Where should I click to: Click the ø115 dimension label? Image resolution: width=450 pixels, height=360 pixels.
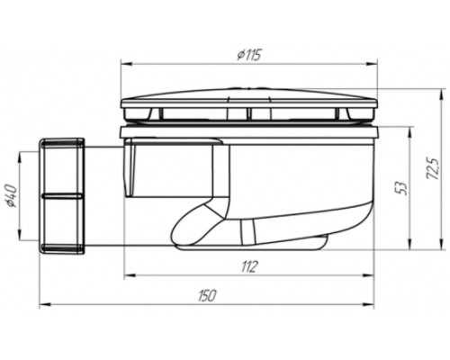click(249, 55)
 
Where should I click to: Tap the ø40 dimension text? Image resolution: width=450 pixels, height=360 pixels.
click(12, 196)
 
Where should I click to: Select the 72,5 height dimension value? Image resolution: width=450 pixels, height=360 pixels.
click(433, 168)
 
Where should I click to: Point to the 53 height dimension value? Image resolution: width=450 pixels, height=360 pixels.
click(404, 188)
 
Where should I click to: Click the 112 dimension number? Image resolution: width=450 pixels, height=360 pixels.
click(249, 266)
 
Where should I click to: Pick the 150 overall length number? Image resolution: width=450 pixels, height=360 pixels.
click(207, 296)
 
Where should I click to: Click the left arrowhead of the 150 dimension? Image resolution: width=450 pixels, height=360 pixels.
click(44, 305)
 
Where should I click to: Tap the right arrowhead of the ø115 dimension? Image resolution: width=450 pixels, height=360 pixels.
click(373, 64)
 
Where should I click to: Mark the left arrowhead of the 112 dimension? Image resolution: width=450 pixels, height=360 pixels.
click(129, 274)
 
